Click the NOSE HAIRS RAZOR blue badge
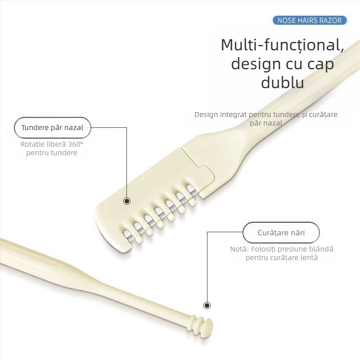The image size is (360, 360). pyautogui.click(x=310, y=20)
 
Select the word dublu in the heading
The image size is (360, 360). pyautogui.click(x=283, y=83)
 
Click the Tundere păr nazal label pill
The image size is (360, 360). pyautogui.click(x=52, y=127)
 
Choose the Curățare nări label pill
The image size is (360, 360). pyautogui.click(x=281, y=233)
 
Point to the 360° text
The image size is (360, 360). pyautogui.click(x=76, y=144)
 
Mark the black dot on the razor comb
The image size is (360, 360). pyautogui.click(x=127, y=201)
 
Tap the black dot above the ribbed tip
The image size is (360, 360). pyautogui.click(x=207, y=306)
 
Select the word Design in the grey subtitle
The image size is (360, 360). pyautogui.click(x=206, y=114)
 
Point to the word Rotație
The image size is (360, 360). pyautogui.click(x=32, y=144)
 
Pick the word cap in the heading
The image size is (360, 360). pyautogui.click(x=318, y=64)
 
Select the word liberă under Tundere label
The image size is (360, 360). pyautogui.click(x=56, y=144)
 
